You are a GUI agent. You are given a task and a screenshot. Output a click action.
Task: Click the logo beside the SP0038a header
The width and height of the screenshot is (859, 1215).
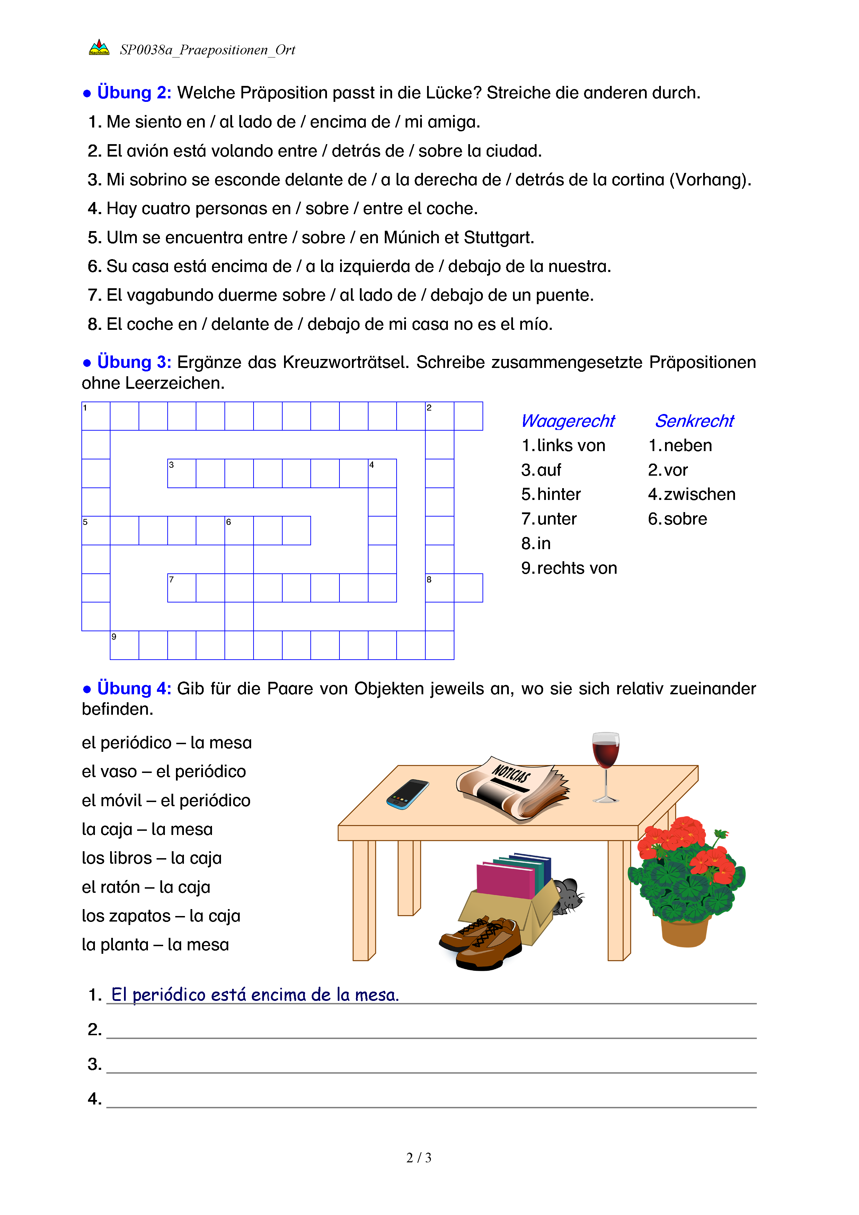click(99, 48)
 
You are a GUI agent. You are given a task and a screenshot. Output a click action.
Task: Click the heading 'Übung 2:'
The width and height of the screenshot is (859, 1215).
click(134, 93)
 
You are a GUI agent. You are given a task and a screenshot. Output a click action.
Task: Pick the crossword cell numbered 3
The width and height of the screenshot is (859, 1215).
click(181, 473)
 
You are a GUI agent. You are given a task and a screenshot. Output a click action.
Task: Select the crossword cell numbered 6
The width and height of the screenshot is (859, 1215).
click(239, 530)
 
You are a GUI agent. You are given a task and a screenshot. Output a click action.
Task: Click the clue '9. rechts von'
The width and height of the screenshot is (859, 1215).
click(569, 568)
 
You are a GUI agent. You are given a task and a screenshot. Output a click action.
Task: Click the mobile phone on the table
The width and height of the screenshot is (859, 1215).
click(407, 794)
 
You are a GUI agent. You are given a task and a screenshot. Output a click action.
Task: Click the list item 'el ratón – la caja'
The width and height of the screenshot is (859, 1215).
click(146, 887)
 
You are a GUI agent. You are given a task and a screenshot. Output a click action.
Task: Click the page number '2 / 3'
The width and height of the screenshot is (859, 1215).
click(418, 1158)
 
